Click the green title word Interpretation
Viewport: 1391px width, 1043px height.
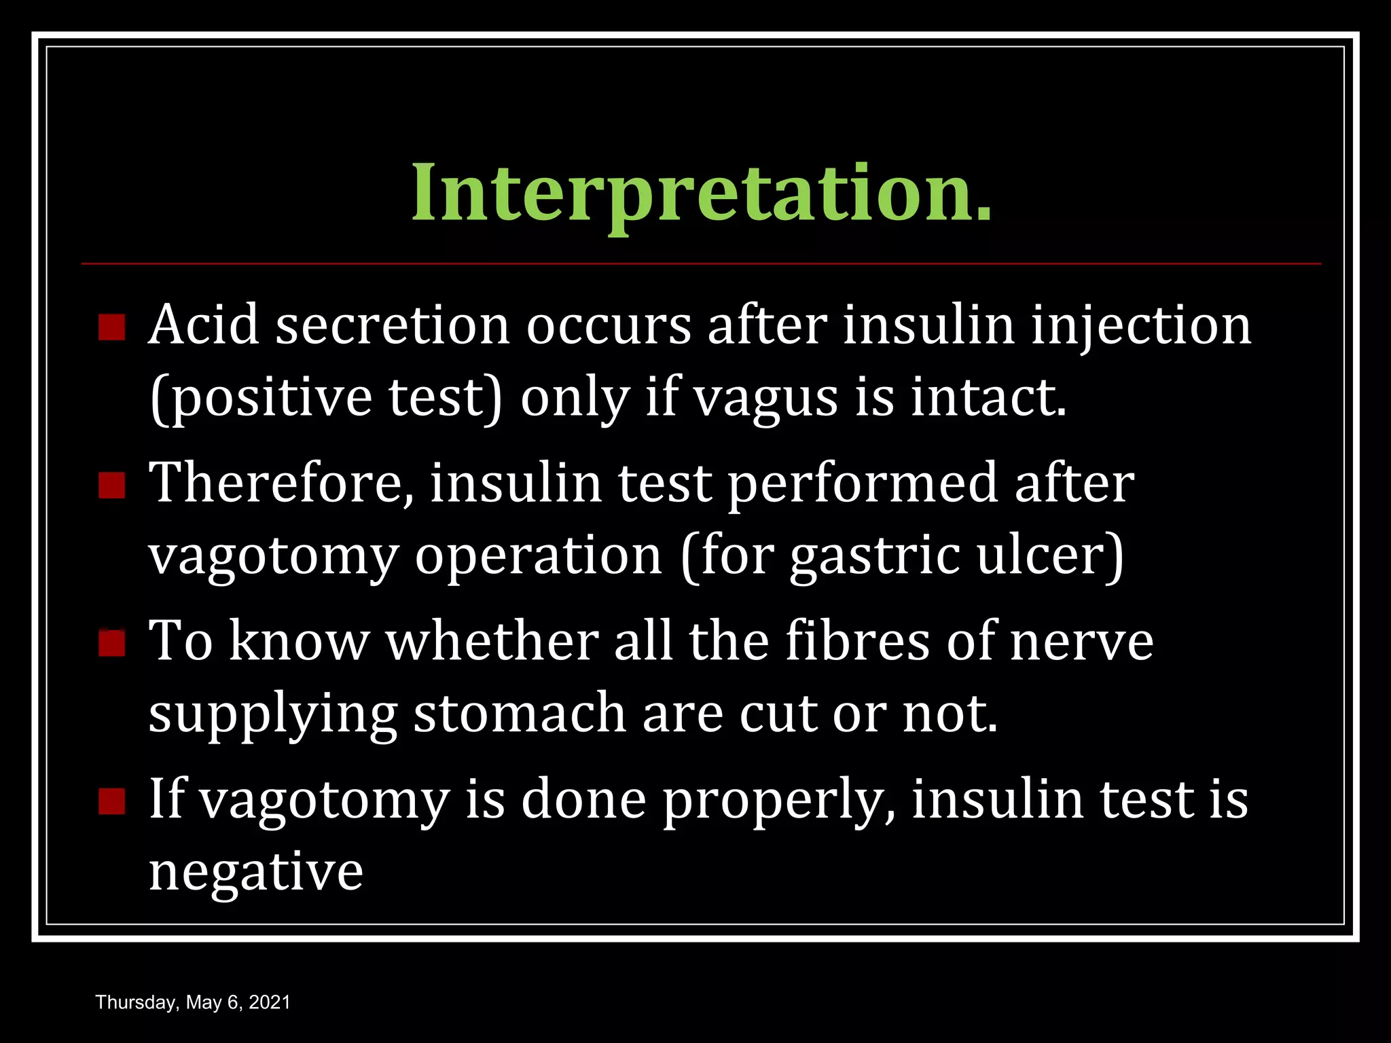click(701, 193)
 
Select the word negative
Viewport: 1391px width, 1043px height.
click(256, 873)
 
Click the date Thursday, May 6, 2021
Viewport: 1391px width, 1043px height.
click(193, 1002)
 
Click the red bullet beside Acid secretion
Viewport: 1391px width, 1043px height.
click(111, 327)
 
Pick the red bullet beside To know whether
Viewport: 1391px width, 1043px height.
click(111, 643)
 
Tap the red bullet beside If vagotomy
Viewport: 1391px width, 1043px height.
click(111, 801)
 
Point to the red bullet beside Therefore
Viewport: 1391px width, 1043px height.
click(111, 486)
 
